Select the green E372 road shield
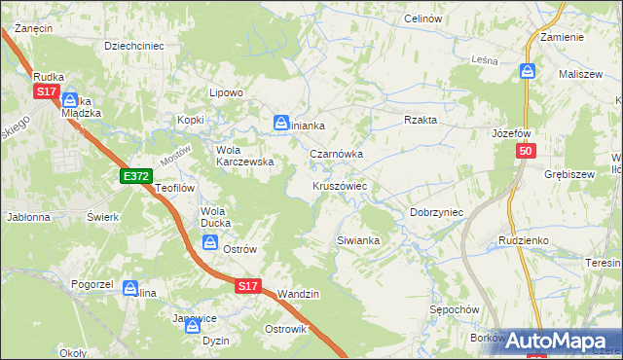pyautogui.click(x=135, y=175)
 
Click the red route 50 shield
pyautogui.click(x=526, y=151)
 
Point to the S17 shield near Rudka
pyautogui.click(x=46, y=90)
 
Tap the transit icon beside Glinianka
pyautogui.click(x=281, y=123)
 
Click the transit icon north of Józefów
pyautogui.click(x=528, y=70)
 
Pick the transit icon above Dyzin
pyautogui.click(x=192, y=327)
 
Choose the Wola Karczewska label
pyautogui.click(x=243, y=156)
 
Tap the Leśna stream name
pyautogui.click(x=484, y=60)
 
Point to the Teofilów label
pyautogui.click(x=176, y=188)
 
